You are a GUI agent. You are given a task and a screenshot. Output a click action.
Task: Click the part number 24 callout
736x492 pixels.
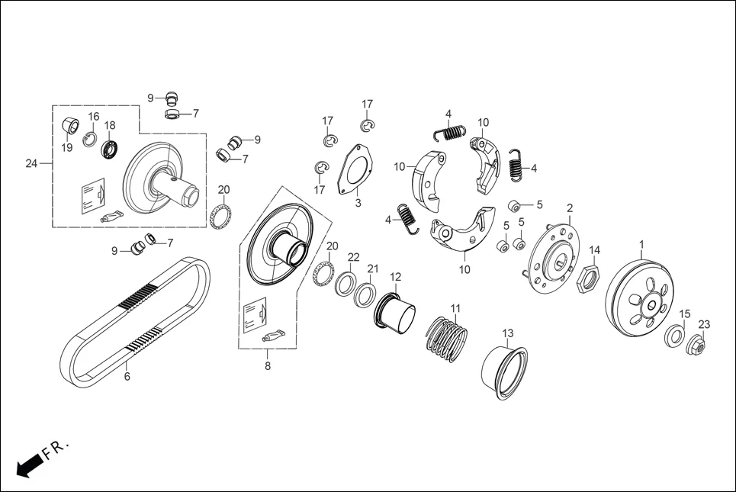[31, 163]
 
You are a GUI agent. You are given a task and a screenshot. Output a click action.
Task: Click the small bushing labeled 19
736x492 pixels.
[70, 125]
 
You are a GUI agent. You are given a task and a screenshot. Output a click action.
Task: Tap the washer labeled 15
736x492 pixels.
[674, 336]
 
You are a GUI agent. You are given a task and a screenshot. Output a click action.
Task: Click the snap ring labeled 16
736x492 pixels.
[90, 137]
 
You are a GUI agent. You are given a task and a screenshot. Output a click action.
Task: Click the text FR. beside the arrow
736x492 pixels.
[56, 448]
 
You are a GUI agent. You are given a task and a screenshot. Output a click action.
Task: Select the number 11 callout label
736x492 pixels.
[455, 308]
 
